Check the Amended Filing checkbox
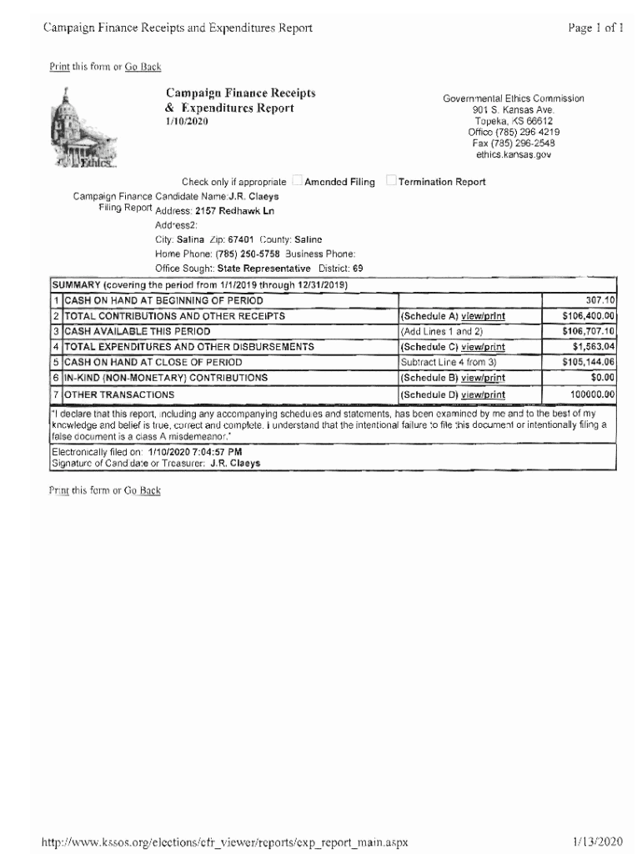coord(297,182)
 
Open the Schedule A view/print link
coord(483,316)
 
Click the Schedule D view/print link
coord(483,394)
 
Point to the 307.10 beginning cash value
coord(599,300)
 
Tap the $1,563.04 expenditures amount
coord(594,347)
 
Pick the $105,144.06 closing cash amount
coord(589,362)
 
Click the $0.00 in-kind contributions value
coord(602,378)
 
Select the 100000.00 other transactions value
coord(593,394)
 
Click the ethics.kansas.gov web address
coord(514,154)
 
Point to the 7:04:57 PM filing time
coord(215,451)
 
